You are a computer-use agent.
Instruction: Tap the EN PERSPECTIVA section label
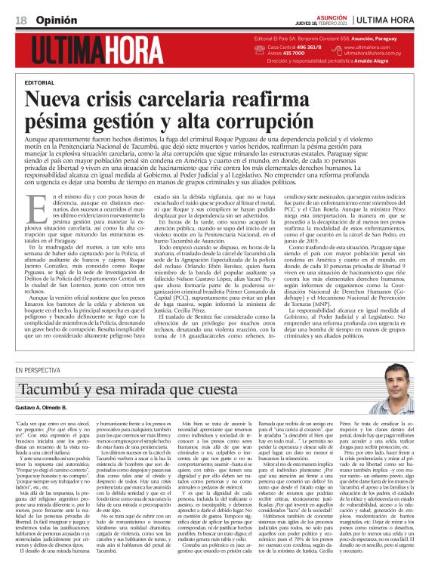(41, 369)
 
